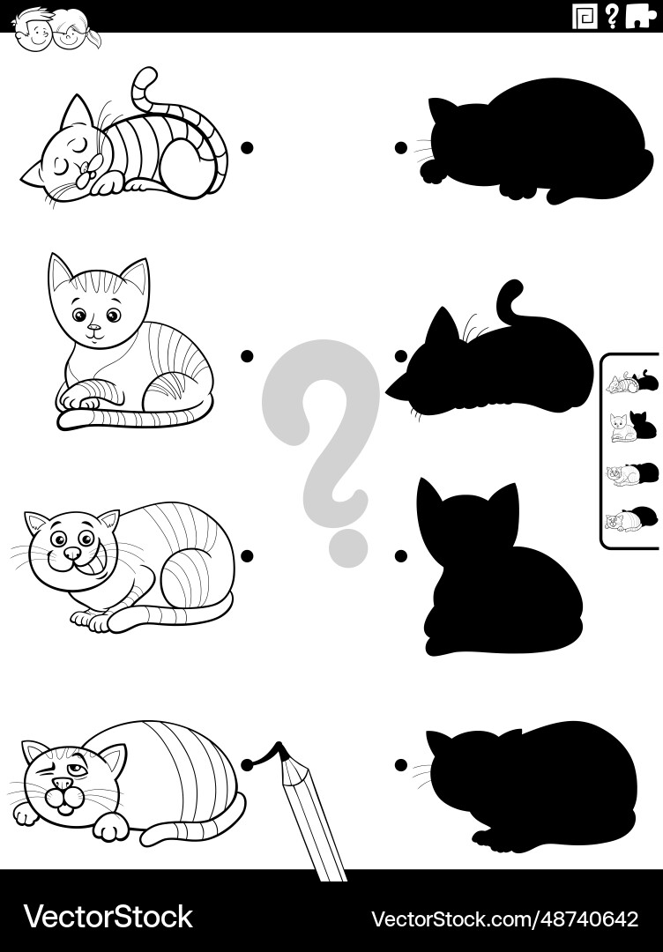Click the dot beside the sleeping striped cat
click(248, 147)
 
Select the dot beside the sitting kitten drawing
click(248, 355)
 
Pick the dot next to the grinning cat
click(248, 555)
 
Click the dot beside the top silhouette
click(401, 147)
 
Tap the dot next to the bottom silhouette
click(401, 764)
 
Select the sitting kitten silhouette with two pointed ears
click(494, 573)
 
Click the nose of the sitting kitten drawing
click(93, 331)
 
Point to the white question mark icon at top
click(612, 16)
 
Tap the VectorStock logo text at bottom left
click(108, 917)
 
